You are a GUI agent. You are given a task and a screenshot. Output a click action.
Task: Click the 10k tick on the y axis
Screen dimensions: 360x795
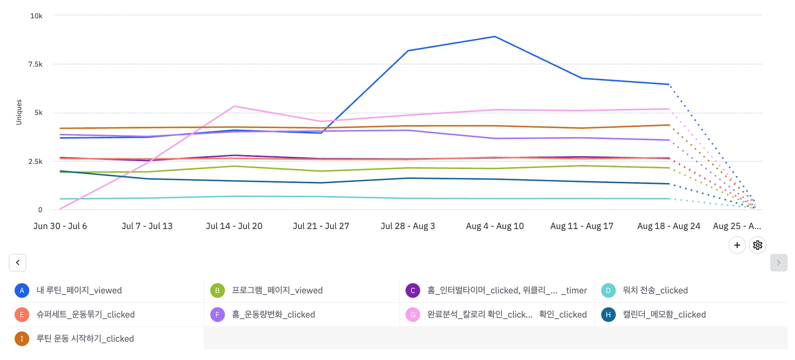(x=36, y=16)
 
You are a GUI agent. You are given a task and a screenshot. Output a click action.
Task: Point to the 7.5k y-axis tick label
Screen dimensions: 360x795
(x=35, y=64)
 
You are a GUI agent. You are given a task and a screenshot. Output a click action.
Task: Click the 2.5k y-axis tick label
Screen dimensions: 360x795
(x=35, y=162)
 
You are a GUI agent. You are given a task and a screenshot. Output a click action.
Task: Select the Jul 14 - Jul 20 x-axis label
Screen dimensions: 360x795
(x=234, y=226)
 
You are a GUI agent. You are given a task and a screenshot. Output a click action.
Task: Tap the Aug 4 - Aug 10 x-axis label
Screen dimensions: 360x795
(x=495, y=226)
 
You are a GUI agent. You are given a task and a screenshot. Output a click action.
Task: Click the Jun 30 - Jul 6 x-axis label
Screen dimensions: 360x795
(x=60, y=226)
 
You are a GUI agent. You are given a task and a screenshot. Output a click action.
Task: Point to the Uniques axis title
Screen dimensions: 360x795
(x=19, y=112)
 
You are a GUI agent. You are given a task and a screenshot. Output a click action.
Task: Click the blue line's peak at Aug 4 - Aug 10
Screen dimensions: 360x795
(x=495, y=37)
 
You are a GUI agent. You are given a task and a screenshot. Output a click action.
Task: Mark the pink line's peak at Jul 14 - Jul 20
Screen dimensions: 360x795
(x=234, y=106)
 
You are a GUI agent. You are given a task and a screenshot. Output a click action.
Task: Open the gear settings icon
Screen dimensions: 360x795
(x=757, y=245)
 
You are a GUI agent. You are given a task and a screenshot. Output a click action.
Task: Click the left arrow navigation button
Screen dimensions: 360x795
(x=17, y=263)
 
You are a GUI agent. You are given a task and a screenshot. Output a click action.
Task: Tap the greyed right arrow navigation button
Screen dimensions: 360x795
(x=779, y=263)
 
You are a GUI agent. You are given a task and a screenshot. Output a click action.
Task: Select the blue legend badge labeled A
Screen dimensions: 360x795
(x=22, y=290)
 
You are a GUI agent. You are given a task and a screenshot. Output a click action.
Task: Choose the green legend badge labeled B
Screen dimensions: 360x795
(x=217, y=290)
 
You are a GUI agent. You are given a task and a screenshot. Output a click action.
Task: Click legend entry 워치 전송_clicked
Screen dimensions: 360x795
(x=655, y=290)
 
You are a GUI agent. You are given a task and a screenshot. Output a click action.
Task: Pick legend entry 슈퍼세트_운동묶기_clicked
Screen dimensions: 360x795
(x=85, y=315)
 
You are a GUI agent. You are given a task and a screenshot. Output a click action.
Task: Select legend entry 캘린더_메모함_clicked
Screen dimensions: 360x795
(x=664, y=315)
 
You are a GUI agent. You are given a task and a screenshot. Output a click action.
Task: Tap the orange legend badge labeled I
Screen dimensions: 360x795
(x=22, y=339)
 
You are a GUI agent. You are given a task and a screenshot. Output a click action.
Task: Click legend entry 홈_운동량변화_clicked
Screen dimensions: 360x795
(x=273, y=315)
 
